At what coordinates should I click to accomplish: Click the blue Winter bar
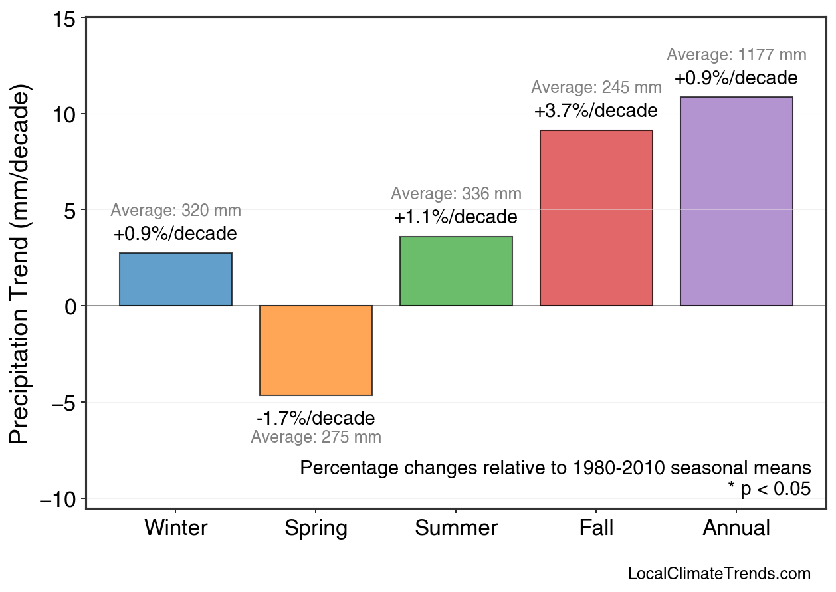pos(175,279)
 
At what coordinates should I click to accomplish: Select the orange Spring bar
pos(316,350)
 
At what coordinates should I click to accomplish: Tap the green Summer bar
pos(456,271)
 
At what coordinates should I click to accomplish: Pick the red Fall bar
pos(596,218)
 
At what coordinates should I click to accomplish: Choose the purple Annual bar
pos(736,201)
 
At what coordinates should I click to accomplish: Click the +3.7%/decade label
pos(596,110)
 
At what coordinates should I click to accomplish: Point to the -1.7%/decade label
pos(316,419)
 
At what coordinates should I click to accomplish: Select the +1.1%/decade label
pos(456,217)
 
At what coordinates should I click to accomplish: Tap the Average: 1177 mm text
pos(736,55)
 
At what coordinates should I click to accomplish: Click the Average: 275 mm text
pos(316,437)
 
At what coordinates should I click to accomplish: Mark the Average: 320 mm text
pos(175,211)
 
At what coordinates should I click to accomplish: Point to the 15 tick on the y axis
pos(65,18)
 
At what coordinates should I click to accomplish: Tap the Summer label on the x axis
pos(456,528)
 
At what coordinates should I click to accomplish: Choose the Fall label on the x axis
pos(596,528)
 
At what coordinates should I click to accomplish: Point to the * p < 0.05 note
pos(769,489)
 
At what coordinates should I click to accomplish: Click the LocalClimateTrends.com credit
pos(719,574)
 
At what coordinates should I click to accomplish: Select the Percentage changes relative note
pos(556,468)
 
